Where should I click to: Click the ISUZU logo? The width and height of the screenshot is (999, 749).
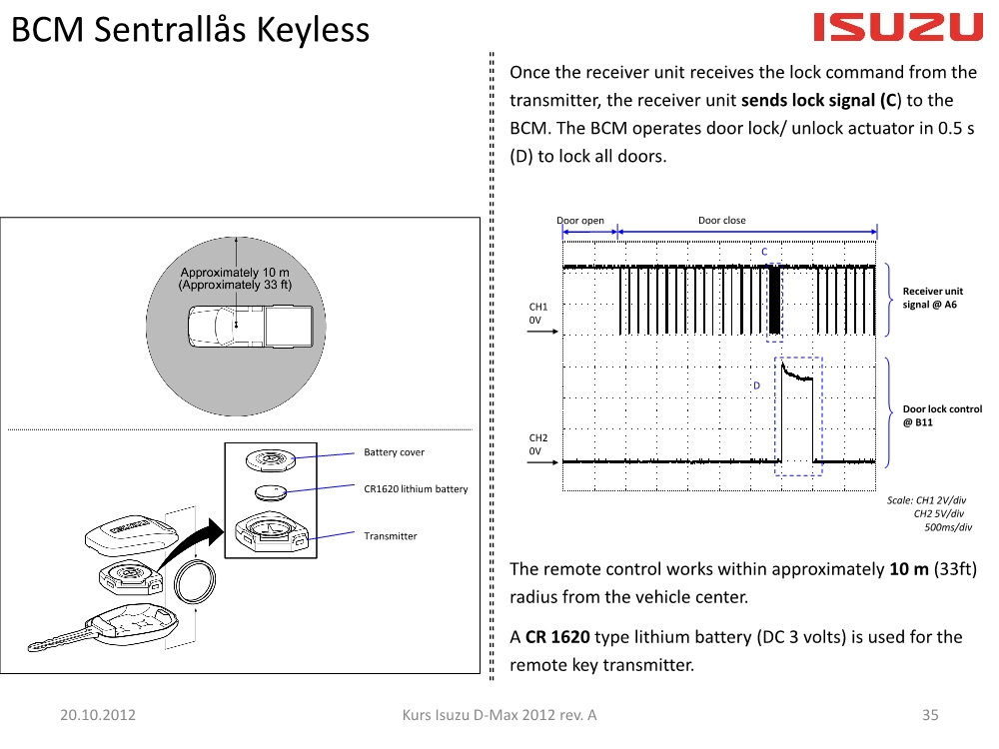click(x=898, y=28)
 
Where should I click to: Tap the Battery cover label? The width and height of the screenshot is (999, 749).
click(x=394, y=452)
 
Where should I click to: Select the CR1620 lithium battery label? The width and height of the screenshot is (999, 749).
click(x=416, y=489)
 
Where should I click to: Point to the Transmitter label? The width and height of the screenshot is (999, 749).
click(x=390, y=536)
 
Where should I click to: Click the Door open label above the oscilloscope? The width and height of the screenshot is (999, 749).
click(x=580, y=221)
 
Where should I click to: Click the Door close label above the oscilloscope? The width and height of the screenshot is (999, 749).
click(x=722, y=221)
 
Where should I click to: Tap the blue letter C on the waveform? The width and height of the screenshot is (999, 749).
click(x=764, y=252)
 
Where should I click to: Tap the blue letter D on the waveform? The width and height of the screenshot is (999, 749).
click(x=757, y=385)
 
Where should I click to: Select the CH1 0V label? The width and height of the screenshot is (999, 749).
click(x=537, y=314)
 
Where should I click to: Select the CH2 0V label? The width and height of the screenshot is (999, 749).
click(x=537, y=444)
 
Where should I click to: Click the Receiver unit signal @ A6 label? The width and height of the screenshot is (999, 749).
click(x=933, y=298)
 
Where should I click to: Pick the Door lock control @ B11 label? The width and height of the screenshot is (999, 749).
click(x=942, y=415)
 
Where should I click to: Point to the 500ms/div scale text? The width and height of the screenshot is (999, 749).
click(x=948, y=527)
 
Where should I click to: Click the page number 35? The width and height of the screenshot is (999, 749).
click(x=930, y=715)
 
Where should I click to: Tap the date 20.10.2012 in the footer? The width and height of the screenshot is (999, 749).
click(x=98, y=715)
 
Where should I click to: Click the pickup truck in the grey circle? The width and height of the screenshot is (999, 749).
click(x=251, y=327)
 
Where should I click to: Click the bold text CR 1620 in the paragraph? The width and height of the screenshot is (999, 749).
click(x=557, y=637)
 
